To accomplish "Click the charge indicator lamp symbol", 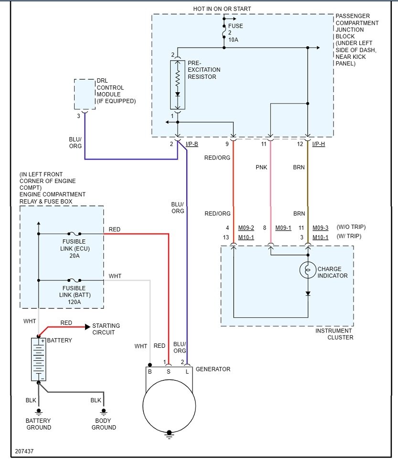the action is coord(308,269).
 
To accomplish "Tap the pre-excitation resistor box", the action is coord(177,85).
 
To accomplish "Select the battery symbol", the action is coord(39,359).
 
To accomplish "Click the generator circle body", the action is coord(169,406).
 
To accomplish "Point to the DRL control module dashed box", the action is coord(85,94).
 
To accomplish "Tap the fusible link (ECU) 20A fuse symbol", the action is coord(74,234).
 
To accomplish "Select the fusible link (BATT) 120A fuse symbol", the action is coord(74,280).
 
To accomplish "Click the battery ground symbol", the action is coord(39,411).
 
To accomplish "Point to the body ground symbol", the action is coord(104,411).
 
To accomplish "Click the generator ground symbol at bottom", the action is coord(169,435).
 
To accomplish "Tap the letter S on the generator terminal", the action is coord(169,372).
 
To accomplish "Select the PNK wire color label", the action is coord(261,167).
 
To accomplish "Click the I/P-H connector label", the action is coord(319,144).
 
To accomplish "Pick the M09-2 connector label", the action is coord(246,228).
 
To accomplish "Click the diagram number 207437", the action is coord(24,451).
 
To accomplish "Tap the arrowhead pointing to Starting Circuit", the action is coord(87,327).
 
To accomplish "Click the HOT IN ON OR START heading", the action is coord(222,9).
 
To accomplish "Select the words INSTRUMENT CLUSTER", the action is coord(334,334).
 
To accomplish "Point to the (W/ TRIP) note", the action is coord(349,236).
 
